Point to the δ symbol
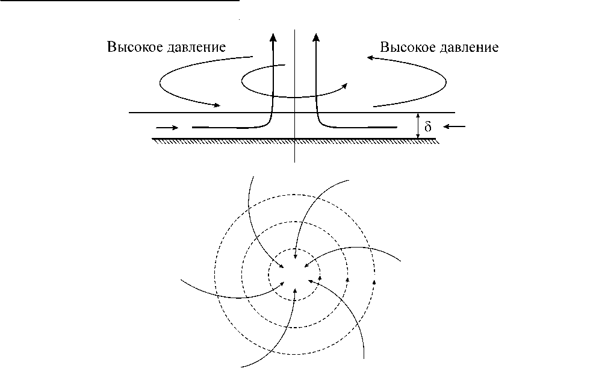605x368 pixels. pos(429,127)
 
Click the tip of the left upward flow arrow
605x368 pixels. pos(273,34)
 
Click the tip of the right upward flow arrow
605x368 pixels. pos(317,34)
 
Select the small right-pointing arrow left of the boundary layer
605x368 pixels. pos(167,128)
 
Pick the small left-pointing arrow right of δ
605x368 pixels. pos(456,126)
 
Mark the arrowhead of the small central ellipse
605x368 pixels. pos(346,86)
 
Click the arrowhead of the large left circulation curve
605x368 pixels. pos(217,106)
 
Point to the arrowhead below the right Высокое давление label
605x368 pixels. pos(371,57)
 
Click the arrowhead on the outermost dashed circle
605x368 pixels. pos(375,279)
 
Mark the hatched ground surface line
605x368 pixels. pos(294,139)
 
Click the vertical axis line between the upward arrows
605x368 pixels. pos(294,72)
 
